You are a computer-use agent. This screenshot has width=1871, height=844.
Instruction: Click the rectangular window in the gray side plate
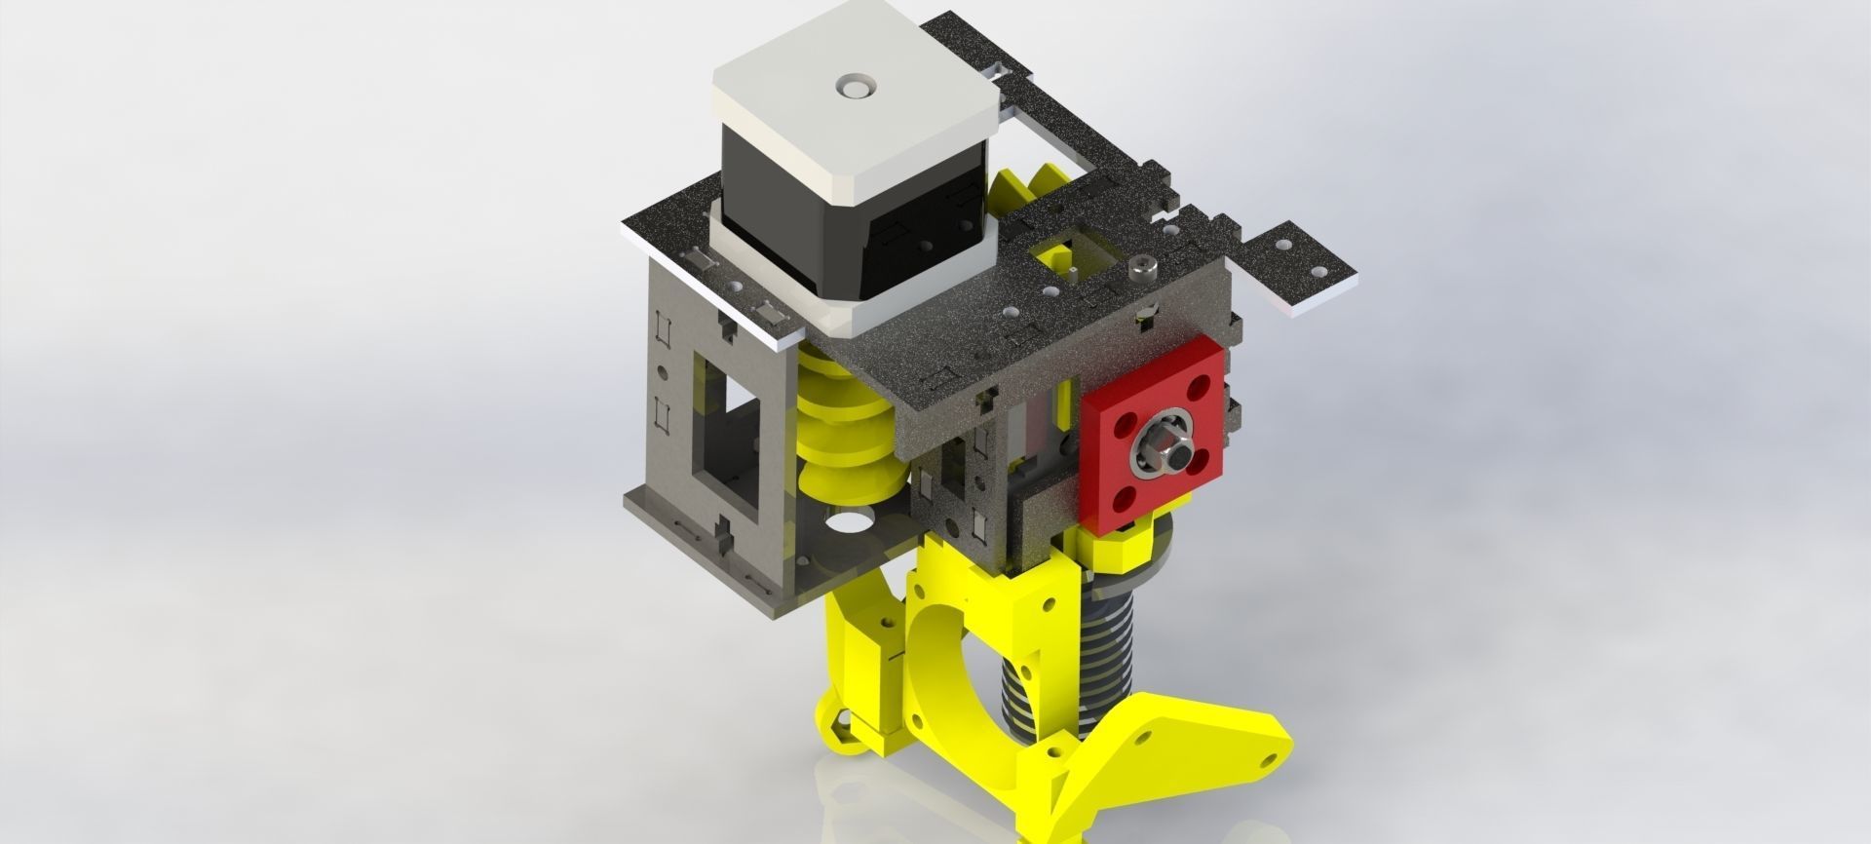pyautogui.click(x=726, y=419)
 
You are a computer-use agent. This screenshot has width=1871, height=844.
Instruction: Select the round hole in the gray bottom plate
pyautogui.click(x=842, y=523)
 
